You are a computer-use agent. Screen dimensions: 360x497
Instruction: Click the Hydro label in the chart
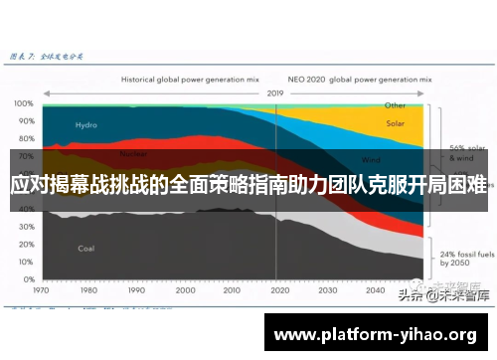86,125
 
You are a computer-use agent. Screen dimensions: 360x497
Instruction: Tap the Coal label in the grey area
85,249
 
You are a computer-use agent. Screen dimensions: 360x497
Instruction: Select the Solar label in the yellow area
396,124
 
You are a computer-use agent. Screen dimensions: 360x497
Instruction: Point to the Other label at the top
396,104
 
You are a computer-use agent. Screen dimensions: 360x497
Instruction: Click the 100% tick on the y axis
24,103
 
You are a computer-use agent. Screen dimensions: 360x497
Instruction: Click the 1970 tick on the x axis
42,291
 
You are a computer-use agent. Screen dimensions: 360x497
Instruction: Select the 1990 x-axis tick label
138,291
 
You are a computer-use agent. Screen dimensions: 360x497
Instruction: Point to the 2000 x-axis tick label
186,291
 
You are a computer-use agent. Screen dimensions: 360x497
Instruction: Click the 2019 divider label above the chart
275,91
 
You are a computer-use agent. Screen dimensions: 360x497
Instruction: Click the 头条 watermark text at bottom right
408,295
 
